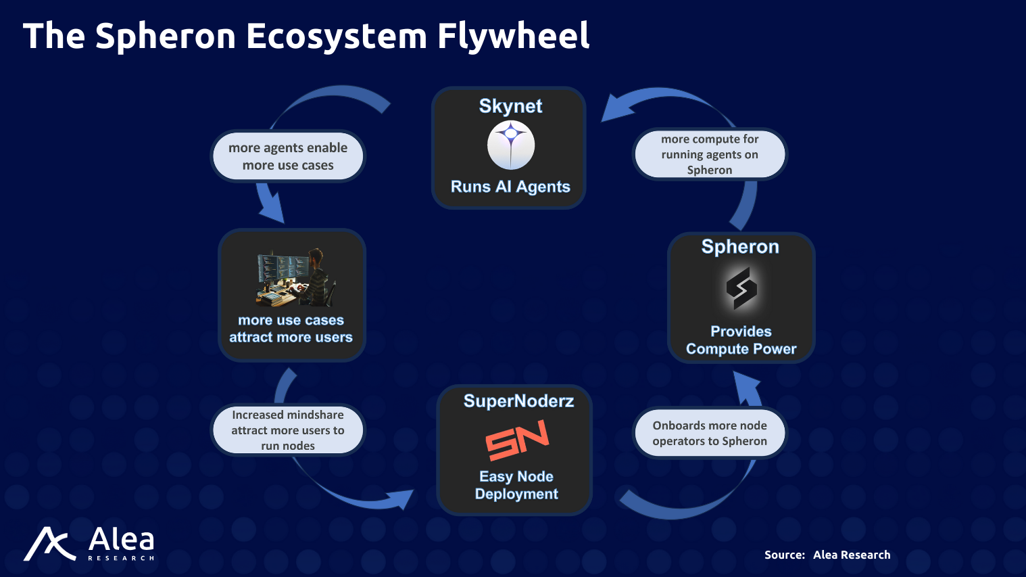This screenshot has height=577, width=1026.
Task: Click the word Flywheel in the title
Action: point(513,37)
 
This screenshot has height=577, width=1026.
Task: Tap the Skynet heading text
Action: point(510,106)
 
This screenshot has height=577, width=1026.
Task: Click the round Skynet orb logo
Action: point(511,145)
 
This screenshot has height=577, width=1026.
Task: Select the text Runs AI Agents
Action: point(510,187)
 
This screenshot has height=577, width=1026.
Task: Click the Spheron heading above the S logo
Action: point(740,247)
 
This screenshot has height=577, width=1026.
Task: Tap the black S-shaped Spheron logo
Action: point(741,288)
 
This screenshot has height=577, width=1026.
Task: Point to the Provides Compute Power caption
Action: point(741,340)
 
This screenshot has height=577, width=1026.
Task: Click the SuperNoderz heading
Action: point(518,401)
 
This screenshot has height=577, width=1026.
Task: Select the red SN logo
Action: point(517,440)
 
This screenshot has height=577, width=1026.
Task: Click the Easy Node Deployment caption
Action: point(516,485)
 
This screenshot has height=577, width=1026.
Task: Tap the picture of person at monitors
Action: point(296,277)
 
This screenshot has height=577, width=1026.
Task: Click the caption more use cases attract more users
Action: point(291,329)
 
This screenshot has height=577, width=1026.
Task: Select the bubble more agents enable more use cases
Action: point(288,156)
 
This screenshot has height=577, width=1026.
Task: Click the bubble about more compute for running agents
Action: point(710,154)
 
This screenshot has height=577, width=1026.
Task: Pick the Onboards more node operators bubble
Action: point(710,433)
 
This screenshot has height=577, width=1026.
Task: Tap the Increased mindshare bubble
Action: point(288,430)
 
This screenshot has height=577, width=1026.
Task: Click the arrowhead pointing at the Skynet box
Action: point(616,108)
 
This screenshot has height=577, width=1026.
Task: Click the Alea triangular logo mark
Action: point(49,544)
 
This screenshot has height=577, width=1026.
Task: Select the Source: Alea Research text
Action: point(827,555)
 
